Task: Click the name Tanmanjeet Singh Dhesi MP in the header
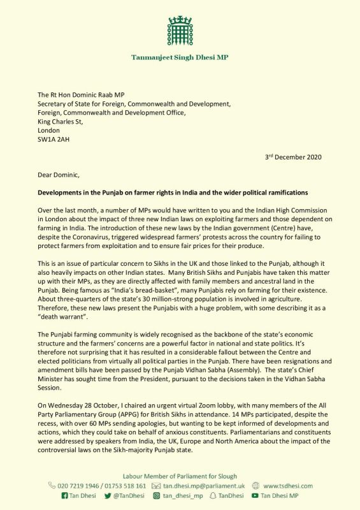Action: [x=180, y=57]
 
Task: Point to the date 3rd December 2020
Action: [x=293, y=157]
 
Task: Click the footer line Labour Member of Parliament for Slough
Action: [x=180, y=475]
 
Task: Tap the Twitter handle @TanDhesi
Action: [x=131, y=495]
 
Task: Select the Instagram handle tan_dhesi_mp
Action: [x=185, y=495]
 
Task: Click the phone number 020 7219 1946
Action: [x=76, y=485]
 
